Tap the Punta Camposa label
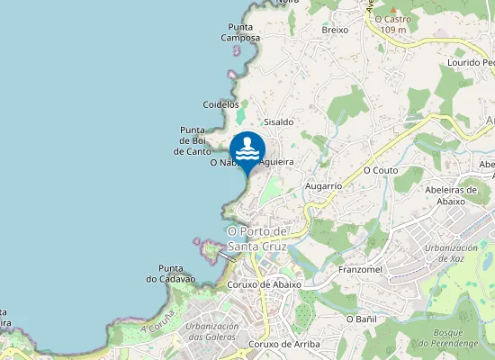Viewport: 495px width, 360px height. pyautogui.click(x=243, y=33)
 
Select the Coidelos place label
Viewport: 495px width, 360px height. pyautogui.click(x=221, y=104)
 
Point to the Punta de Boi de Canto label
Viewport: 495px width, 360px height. pyautogui.click(x=193, y=141)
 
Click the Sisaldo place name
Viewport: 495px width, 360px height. pyautogui.click(x=278, y=121)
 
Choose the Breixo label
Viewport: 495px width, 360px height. pyautogui.click(x=335, y=30)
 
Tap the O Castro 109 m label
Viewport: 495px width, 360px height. pyautogui.click(x=391, y=24)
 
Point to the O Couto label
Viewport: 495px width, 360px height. pyautogui.click(x=380, y=169)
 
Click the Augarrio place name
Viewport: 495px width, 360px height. pyautogui.click(x=324, y=185)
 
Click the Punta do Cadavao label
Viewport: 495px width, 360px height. pyautogui.click(x=170, y=274)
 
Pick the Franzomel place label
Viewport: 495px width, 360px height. pyautogui.click(x=361, y=269)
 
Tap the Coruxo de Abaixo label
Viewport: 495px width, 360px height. pyautogui.click(x=265, y=284)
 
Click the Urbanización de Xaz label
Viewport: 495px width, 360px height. pyautogui.click(x=450, y=253)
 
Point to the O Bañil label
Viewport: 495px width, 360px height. pyautogui.click(x=361, y=319)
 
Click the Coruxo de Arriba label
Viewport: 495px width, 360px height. pyautogui.click(x=285, y=344)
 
